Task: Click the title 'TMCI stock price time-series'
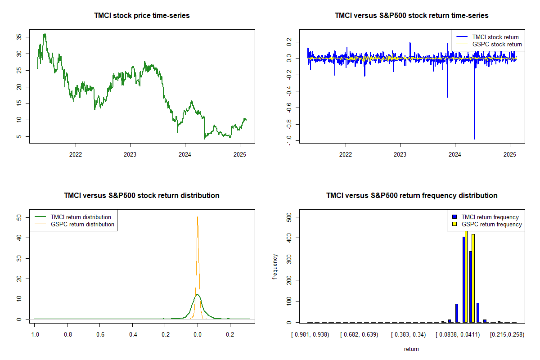(x=142, y=15)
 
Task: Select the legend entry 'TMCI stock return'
(x=495, y=37)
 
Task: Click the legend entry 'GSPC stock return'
(x=497, y=44)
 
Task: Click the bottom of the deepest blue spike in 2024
(x=474, y=139)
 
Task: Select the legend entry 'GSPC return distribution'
(x=82, y=224)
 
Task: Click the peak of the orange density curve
(x=197, y=216)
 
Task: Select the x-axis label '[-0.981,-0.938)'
(x=310, y=335)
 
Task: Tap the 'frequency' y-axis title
(x=275, y=267)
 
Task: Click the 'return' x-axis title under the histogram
(x=411, y=349)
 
